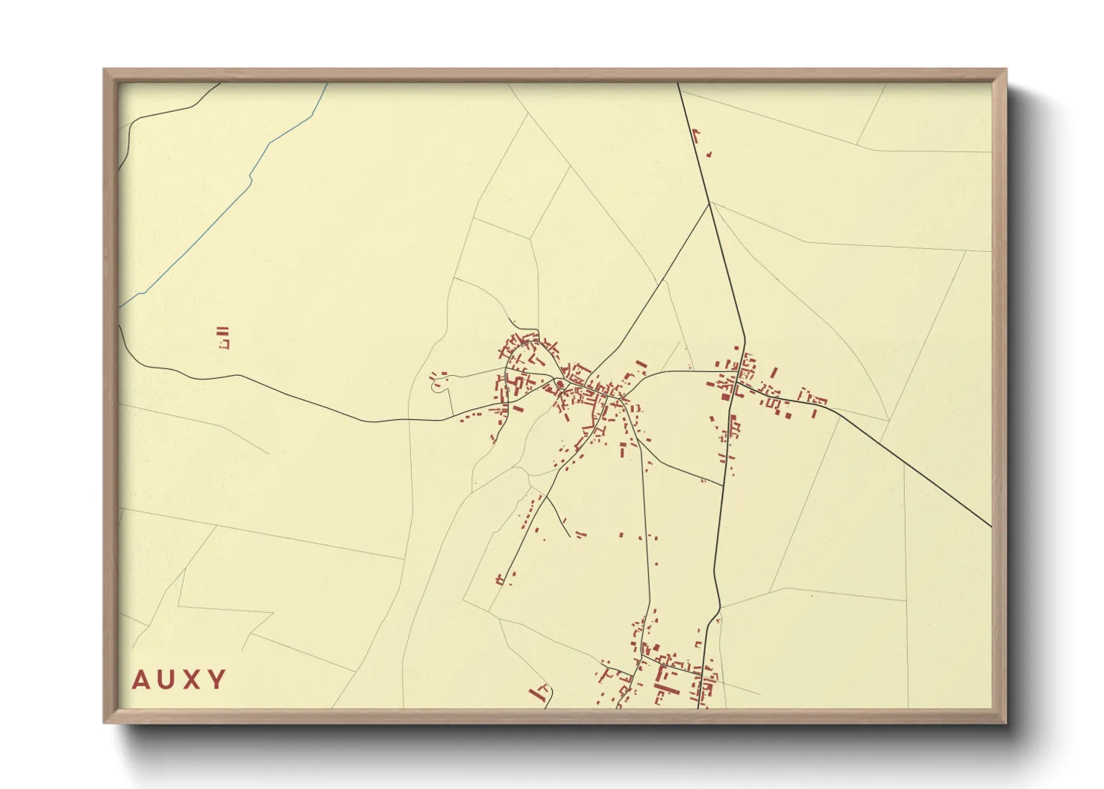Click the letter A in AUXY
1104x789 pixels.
tap(140, 680)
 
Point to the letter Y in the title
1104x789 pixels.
tap(217, 680)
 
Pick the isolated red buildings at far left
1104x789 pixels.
tap(222, 337)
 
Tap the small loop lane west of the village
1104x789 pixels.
tap(438, 384)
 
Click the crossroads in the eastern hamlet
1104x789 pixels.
tap(735, 382)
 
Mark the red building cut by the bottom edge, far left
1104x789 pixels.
tap(536, 694)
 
